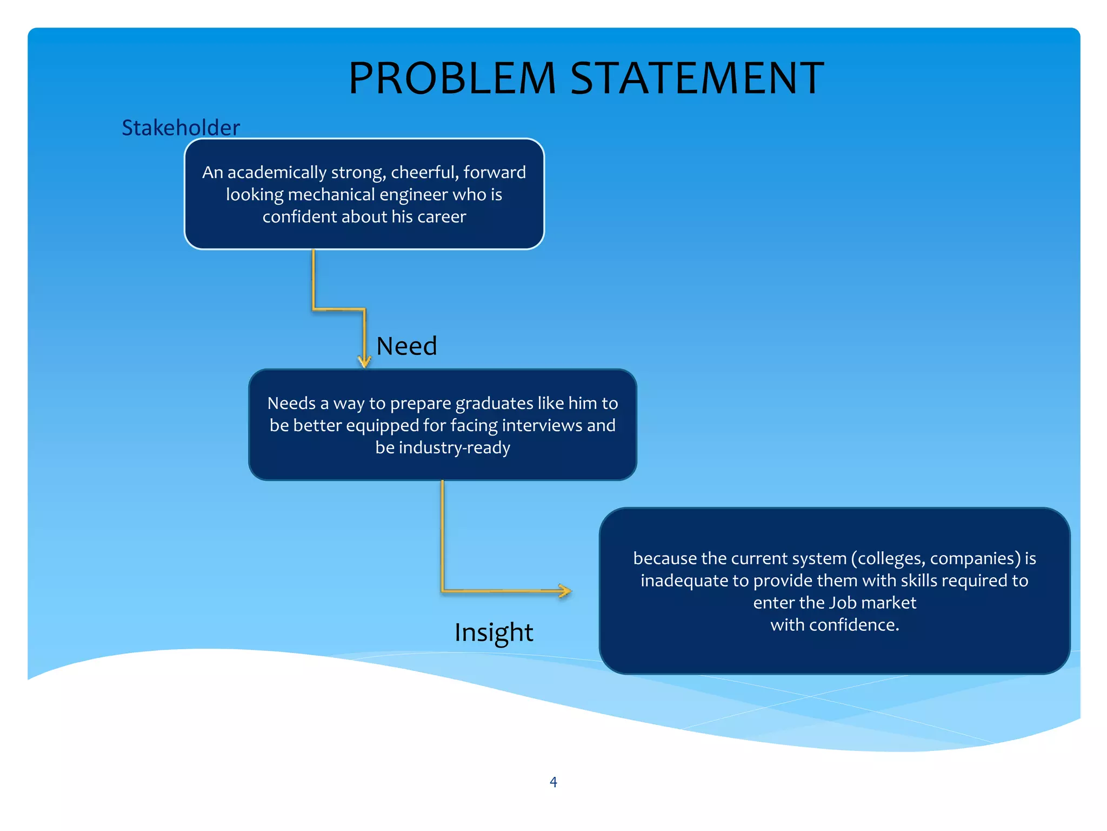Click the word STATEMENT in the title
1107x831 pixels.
pyautogui.click(x=697, y=78)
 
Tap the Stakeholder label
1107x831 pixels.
pyautogui.click(x=181, y=128)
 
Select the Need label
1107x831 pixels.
pyautogui.click(x=406, y=346)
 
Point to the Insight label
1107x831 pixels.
pyautogui.click(x=494, y=632)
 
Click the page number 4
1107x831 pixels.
pyautogui.click(x=553, y=782)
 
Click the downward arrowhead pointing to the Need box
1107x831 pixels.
pyautogui.click(x=364, y=361)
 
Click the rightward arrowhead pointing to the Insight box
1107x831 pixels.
pyautogui.click(x=564, y=591)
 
